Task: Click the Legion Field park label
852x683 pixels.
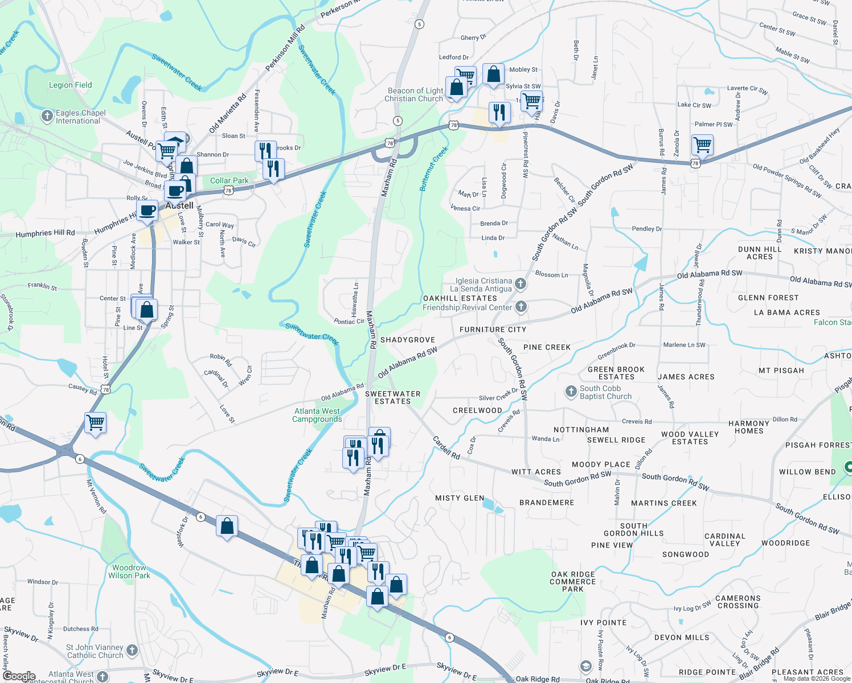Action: (x=70, y=85)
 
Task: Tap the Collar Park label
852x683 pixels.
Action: (x=229, y=181)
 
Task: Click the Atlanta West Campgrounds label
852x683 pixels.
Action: (x=317, y=415)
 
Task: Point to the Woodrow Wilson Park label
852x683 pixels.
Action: (x=129, y=572)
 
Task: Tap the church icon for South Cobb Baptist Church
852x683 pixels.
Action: (x=571, y=392)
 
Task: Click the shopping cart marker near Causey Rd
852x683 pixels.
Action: (x=96, y=423)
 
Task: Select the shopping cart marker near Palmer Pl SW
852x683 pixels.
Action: (x=702, y=145)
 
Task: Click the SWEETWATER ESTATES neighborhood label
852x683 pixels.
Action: (x=392, y=397)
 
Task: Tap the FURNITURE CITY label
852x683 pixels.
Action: (x=493, y=330)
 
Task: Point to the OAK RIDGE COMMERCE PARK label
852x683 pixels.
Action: (x=573, y=582)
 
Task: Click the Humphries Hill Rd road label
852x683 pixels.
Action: (x=46, y=233)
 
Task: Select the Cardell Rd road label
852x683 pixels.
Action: (x=446, y=448)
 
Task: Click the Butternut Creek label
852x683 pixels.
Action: (x=434, y=168)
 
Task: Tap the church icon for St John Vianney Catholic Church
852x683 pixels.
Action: (x=132, y=650)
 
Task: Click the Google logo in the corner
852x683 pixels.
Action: (x=19, y=676)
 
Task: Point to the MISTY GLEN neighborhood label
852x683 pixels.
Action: (x=460, y=498)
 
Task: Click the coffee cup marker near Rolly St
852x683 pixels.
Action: (x=147, y=210)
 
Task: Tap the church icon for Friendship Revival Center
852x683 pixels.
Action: (x=521, y=307)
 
